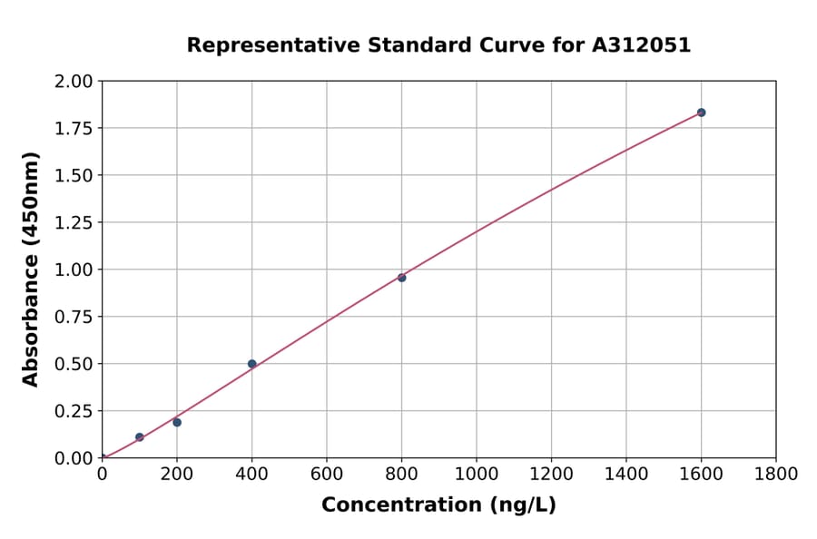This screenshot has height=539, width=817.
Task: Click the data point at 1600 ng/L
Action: pos(701,113)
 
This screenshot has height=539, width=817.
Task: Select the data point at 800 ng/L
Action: pos(401,278)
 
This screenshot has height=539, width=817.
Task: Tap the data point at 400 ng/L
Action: pos(251,364)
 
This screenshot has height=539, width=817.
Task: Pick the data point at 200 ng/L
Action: pos(177,422)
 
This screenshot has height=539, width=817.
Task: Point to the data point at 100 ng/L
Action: pos(139,436)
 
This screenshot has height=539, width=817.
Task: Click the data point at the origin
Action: pos(102,457)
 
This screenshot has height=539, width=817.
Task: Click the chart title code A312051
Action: pos(642,45)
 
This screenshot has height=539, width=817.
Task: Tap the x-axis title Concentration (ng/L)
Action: pos(438,505)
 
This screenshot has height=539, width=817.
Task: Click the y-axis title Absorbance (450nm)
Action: pos(31,269)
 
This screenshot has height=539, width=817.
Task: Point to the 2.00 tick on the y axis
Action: pos(74,82)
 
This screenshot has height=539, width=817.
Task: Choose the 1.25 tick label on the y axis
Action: pos(74,222)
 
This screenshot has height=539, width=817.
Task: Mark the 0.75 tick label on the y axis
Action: pos(74,317)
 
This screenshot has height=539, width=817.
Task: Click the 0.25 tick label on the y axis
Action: pos(74,411)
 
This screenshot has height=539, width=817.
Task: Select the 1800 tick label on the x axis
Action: pos(775,475)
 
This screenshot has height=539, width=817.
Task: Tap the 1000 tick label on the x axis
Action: pos(477,475)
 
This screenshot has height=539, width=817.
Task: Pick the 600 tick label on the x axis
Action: pos(327,475)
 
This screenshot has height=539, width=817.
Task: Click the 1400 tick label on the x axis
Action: pos(626,475)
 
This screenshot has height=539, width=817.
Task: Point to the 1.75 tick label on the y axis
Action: pos(74,128)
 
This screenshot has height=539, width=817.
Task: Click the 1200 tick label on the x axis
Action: pos(551,475)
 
